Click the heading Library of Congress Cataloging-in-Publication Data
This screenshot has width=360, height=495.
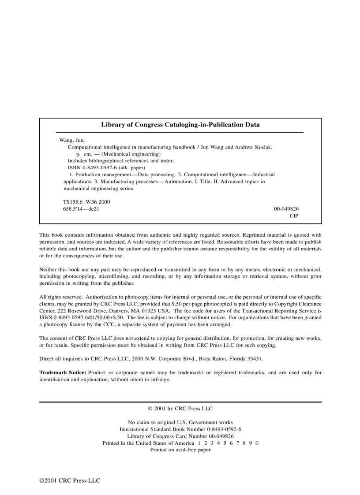pos(180,125)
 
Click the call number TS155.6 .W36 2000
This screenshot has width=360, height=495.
pos(86,202)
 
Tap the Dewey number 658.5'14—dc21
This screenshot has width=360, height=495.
pos(81,209)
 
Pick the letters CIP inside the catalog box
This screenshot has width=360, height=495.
pos(294,216)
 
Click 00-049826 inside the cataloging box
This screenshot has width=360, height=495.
pos(286,209)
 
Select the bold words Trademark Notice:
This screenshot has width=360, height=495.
pos(63,372)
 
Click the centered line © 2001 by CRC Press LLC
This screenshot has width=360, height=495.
pos(180,409)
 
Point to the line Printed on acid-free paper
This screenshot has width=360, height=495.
pos(180,450)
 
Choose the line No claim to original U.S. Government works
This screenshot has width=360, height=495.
pos(180,422)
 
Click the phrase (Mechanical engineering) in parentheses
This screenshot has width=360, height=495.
pos(131,154)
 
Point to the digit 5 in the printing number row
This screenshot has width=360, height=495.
pos(224,443)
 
